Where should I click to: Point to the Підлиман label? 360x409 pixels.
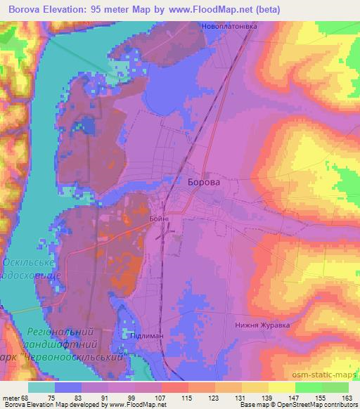pos(146,337)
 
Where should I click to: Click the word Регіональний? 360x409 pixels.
pos(60,330)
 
